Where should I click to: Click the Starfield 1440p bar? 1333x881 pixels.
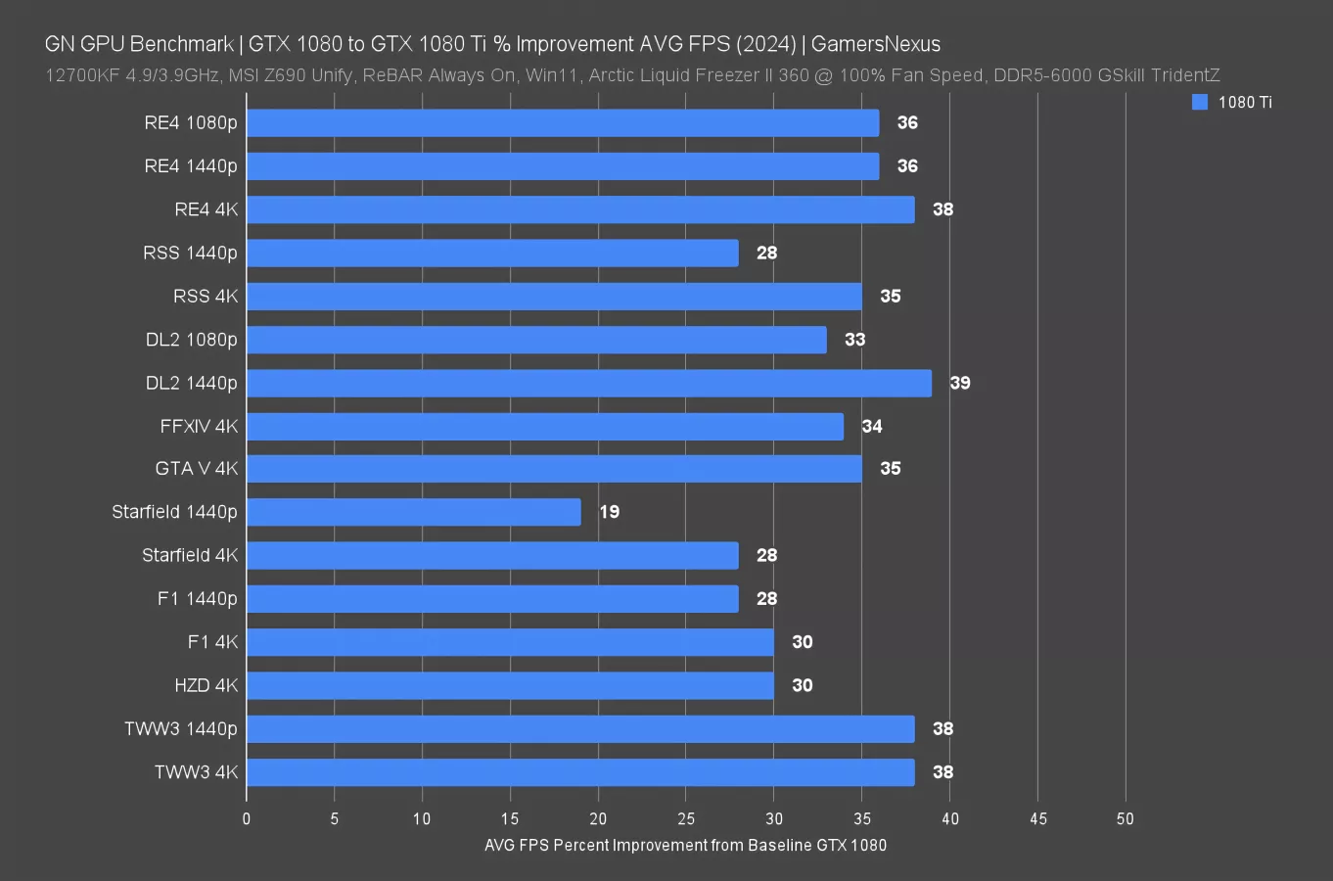click(414, 512)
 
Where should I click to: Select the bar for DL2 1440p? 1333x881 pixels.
click(589, 383)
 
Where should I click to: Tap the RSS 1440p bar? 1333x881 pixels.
click(492, 253)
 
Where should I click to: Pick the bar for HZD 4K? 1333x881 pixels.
click(510, 685)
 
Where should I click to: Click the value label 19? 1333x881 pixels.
click(609, 512)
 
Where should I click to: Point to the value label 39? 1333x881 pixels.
click(960, 383)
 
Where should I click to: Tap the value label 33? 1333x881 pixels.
click(854, 340)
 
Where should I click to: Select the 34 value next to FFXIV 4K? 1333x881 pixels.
click(872, 426)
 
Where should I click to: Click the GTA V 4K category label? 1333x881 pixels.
click(196, 469)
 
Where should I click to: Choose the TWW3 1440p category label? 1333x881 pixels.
click(180, 728)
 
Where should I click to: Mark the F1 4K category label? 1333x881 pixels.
click(212, 642)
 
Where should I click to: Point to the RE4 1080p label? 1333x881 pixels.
click(190, 123)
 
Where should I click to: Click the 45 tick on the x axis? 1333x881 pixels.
click(1037, 818)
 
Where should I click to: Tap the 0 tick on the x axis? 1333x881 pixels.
click(247, 818)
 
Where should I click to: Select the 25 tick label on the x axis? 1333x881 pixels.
click(686, 818)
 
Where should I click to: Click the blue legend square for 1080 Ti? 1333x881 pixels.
click(1200, 102)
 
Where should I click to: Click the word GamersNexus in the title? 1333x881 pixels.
click(875, 44)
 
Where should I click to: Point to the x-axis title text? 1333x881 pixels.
click(685, 845)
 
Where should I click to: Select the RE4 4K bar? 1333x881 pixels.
click(580, 209)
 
